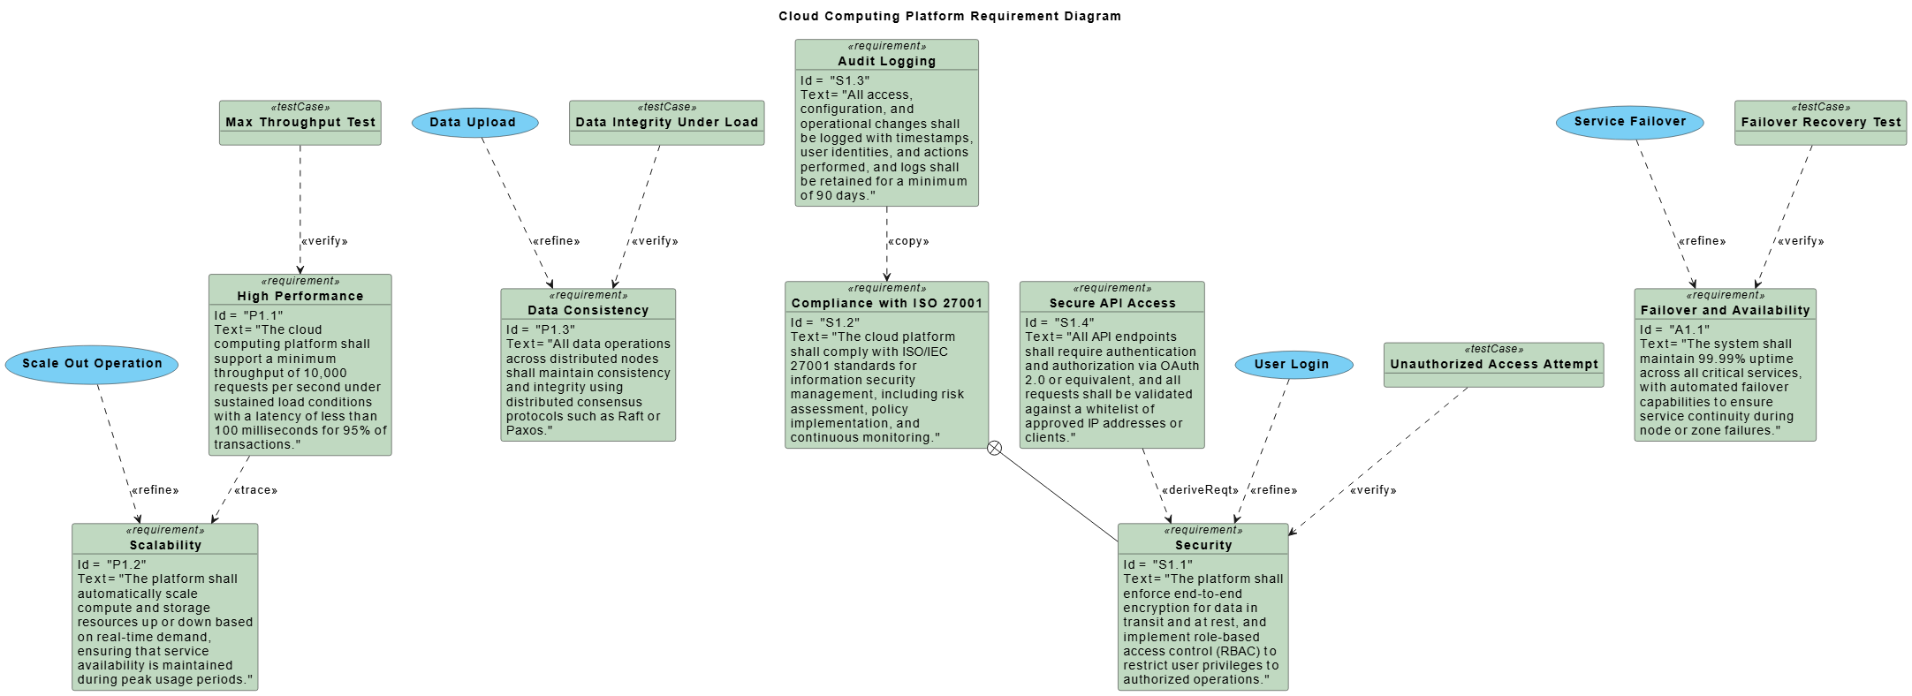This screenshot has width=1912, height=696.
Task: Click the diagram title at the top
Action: tap(949, 16)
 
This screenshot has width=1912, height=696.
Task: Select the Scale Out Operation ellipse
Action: tap(92, 364)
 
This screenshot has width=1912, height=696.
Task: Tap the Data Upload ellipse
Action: tap(474, 123)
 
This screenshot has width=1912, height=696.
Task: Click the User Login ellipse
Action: tap(1291, 364)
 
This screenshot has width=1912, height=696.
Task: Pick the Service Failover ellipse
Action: tap(1629, 122)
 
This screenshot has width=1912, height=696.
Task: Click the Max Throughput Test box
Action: tap(300, 123)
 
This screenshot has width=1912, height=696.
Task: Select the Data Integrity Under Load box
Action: tap(666, 123)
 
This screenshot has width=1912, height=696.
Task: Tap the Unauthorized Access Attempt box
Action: tap(1493, 364)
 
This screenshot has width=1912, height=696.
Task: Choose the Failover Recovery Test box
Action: tap(1820, 123)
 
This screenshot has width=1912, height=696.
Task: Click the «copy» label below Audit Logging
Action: tap(908, 241)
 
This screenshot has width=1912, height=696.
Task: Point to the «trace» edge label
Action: tap(255, 490)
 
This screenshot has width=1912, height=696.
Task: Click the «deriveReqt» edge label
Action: tap(1200, 490)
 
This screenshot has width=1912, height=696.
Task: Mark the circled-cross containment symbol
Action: tap(994, 448)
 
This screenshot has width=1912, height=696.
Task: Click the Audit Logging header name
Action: tap(886, 61)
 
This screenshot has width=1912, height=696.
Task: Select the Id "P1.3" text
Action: tap(541, 329)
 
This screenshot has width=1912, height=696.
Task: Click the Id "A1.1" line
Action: tap(1674, 329)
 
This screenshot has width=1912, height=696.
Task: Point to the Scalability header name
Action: tap(165, 545)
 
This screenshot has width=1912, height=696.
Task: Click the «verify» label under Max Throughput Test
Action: tap(324, 241)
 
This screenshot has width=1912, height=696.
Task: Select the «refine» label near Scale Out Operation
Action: tap(156, 490)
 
